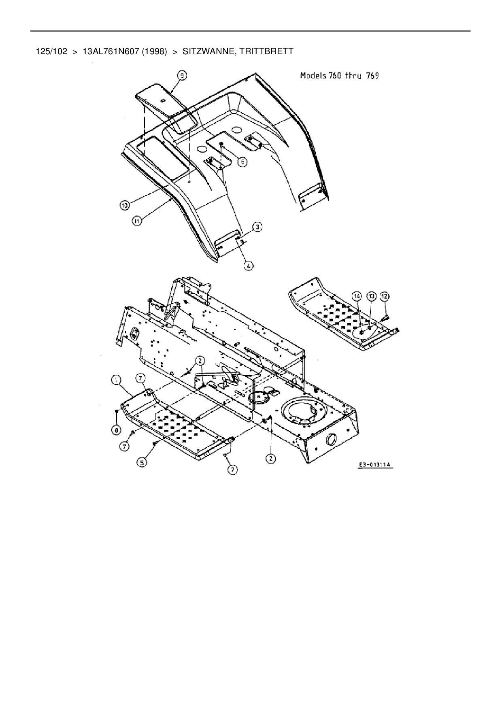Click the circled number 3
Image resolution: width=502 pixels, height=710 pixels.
(x=257, y=227)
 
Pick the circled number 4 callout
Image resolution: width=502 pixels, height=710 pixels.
(x=249, y=266)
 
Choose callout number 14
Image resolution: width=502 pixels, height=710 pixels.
(x=357, y=296)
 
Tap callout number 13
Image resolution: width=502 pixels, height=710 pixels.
(x=371, y=296)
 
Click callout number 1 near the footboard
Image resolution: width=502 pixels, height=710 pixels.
(x=116, y=380)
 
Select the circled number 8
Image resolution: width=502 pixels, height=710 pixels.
(x=116, y=429)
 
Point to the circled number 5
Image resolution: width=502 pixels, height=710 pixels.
(x=142, y=461)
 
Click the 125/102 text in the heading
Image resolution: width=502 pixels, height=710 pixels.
(x=51, y=52)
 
